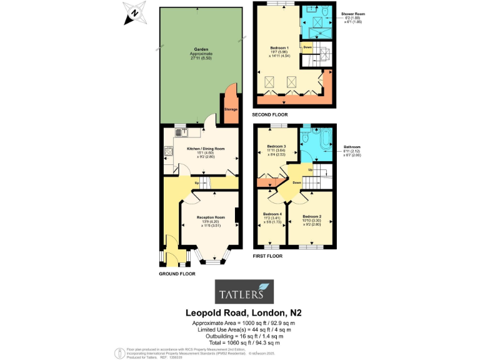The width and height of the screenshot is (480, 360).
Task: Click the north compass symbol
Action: click(x=134, y=13)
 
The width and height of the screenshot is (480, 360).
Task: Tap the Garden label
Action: click(x=201, y=49)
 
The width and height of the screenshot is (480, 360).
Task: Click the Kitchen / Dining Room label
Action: click(x=201, y=148)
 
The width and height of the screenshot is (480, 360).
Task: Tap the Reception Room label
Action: click(x=206, y=217)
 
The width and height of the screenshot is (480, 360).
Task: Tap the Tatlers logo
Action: click(x=243, y=292)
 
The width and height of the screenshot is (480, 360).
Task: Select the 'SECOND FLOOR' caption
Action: click(x=271, y=116)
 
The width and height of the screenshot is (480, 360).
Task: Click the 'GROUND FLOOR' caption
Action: click(x=177, y=274)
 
